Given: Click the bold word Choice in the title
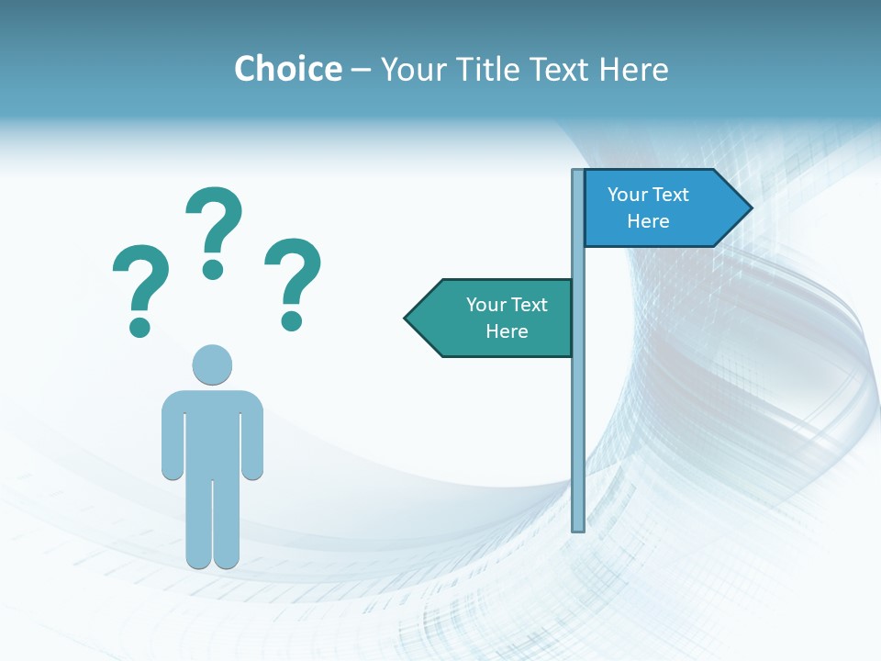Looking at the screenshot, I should point(287,69).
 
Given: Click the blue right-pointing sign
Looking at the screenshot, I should point(661,208).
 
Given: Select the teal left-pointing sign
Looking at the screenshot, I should point(496,319).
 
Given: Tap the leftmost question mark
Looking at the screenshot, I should point(140,280).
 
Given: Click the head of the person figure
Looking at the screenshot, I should point(212,364).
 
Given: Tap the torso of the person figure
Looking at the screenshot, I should point(212,431).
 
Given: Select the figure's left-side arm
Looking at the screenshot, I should point(172,436).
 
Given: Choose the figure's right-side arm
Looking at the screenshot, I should point(253,436).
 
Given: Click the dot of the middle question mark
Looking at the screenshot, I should point(213,269).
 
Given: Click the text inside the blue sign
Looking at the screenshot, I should point(648,207).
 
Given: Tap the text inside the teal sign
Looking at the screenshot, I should point(507,318).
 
